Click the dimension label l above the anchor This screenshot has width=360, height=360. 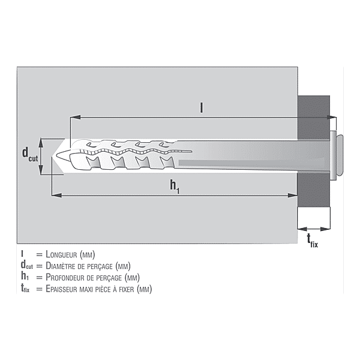pyautogui.click(x=202, y=108)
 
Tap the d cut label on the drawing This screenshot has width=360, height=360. pyautogui.click(x=30, y=155)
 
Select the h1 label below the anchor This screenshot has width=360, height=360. pyautogui.click(x=175, y=186)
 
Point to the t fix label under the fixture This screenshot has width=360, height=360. pyautogui.click(x=313, y=241)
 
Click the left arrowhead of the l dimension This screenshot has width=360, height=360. pyautogui.click(x=76, y=118)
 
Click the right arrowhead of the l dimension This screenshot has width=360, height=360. pyautogui.click(x=332, y=118)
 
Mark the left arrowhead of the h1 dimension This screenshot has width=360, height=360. pyautogui.click(x=56, y=195)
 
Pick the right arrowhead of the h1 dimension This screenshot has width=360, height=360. pyautogui.click(x=293, y=195)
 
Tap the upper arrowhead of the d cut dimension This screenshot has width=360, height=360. pyautogui.click(x=41, y=143)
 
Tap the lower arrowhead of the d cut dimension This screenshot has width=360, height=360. pyautogui.click(x=41, y=170)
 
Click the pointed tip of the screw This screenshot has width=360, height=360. pyautogui.click(x=57, y=154)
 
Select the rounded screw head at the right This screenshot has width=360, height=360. pyautogui.click(x=339, y=155)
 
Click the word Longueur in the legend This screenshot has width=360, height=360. pyautogui.click(x=61, y=254)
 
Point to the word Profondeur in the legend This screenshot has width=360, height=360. pyautogui.click(x=65, y=277)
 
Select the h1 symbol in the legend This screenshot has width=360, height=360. pyautogui.click(x=25, y=277)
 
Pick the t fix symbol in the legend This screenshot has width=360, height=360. pyautogui.click(x=25, y=289)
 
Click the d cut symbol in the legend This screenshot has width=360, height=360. pyautogui.click(x=26, y=265)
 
